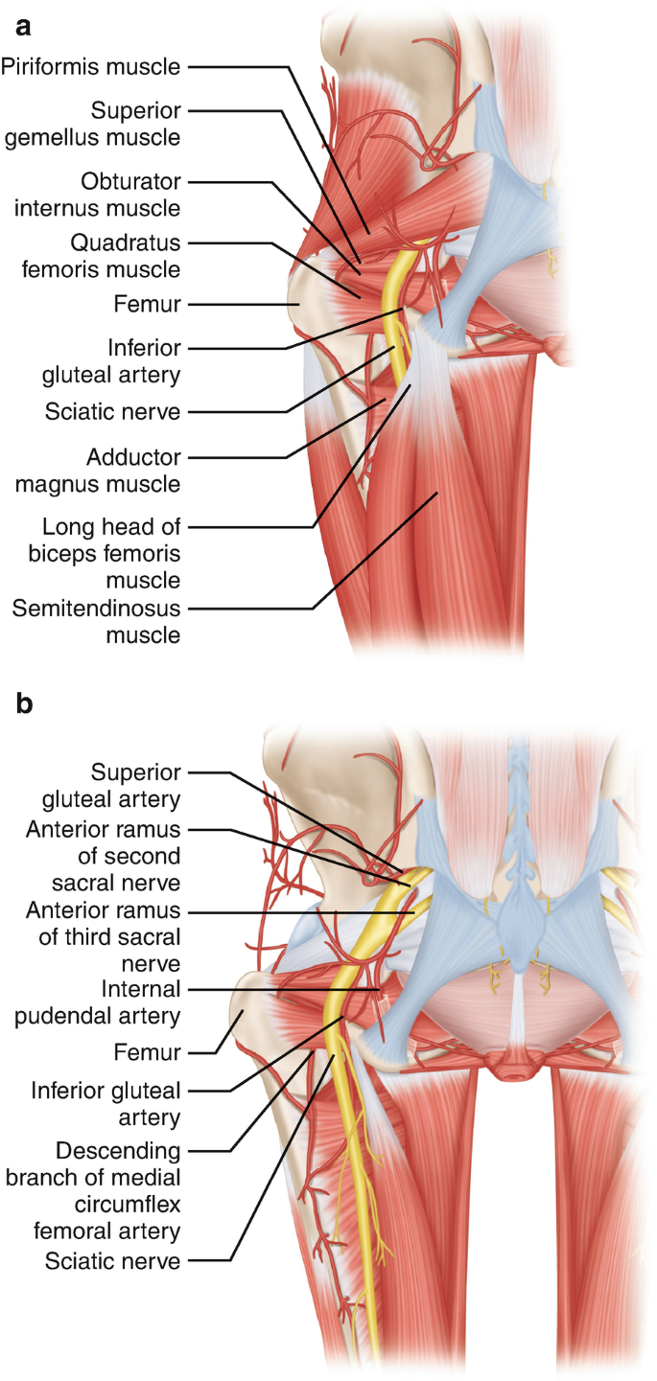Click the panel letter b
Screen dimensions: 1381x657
22,704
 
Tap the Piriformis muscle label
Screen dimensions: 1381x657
91,66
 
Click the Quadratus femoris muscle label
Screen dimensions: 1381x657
102,255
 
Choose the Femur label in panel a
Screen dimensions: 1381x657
146,305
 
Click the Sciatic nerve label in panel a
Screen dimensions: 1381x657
112,412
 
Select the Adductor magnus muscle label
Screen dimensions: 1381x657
98,471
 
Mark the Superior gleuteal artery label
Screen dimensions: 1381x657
136,785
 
